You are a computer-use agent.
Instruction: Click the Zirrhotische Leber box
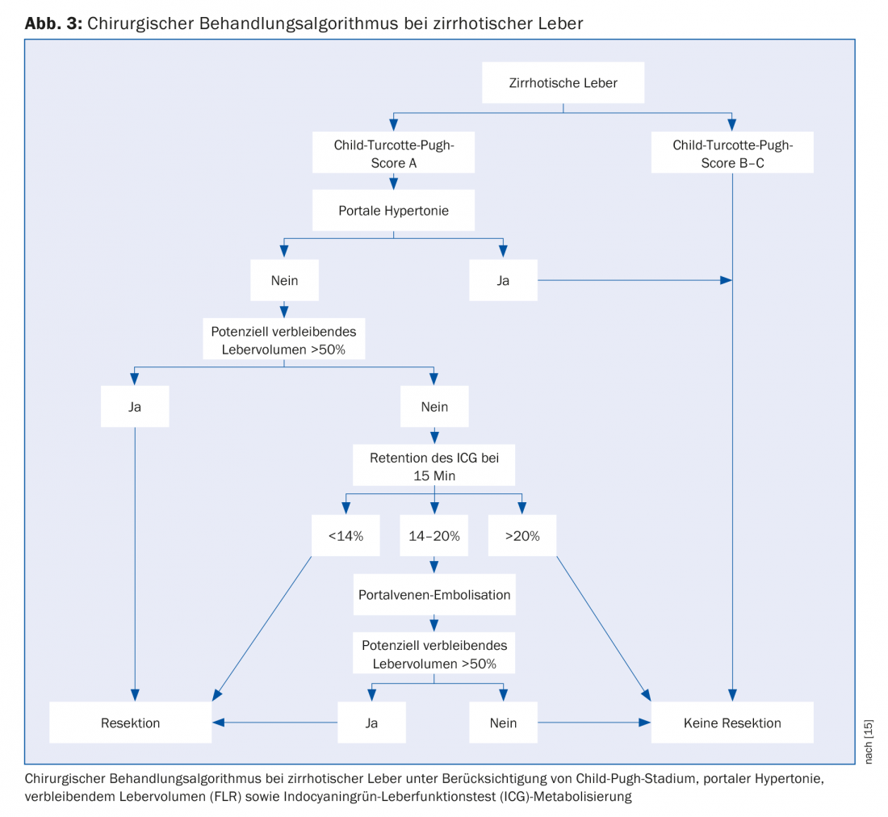pos(563,82)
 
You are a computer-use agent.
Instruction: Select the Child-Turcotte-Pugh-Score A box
pos(393,153)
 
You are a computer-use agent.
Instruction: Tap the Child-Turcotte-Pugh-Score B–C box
pos(732,153)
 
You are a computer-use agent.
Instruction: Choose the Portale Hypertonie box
pos(393,211)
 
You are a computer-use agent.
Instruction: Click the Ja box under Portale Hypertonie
pos(503,280)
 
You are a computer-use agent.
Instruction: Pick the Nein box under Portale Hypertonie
pos(284,280)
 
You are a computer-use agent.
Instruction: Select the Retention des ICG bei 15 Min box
pos(434,467)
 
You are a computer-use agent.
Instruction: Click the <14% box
pos(346,535)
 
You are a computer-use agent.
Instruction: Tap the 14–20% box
pos(434,535)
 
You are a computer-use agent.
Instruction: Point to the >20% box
pos(522,535)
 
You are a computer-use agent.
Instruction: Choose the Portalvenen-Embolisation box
pos(434,595)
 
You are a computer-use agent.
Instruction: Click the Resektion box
pos(131,723)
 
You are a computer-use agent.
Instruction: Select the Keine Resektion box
pos(732,723)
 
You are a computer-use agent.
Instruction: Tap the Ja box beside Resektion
pos(371,723)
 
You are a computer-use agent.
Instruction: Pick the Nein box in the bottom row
pos(503,723)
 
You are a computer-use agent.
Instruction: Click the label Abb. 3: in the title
pos(53,23)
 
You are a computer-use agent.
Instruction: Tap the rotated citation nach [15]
pos(869,740)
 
